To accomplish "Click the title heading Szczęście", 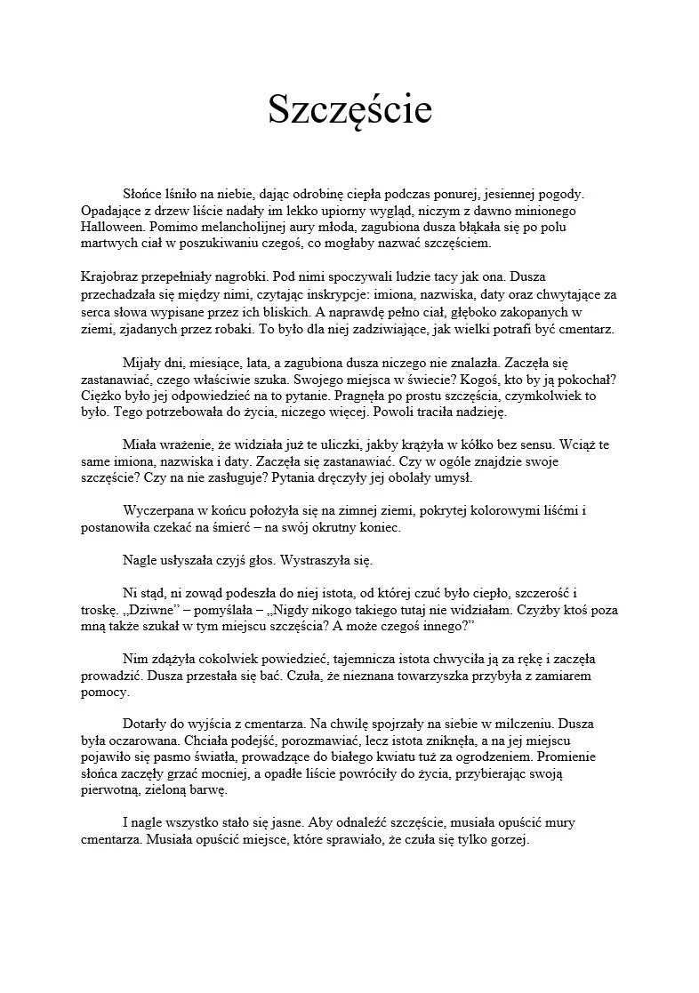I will click(349, 110).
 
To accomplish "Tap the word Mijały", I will click(141, 363).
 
